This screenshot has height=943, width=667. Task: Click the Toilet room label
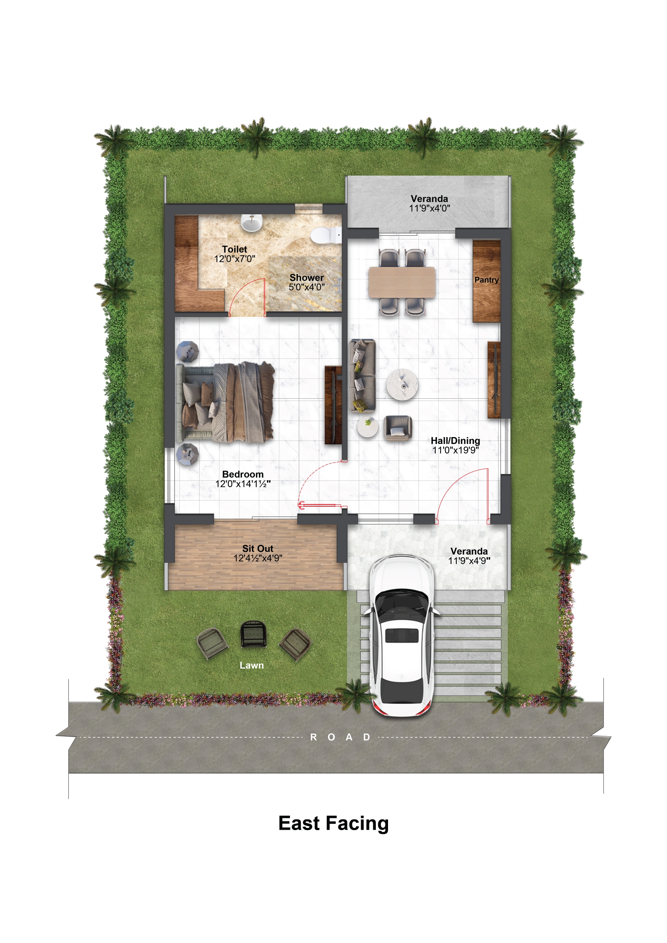pos(234,249)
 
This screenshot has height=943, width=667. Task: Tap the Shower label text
pos(306,277)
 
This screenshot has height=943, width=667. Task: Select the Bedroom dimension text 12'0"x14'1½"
pos(243,484)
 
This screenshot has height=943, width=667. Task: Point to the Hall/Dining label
pos(455,441)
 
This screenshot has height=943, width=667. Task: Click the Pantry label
pos(486,280)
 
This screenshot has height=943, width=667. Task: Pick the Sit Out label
pos(258,548)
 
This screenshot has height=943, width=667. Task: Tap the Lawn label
pos(252,665)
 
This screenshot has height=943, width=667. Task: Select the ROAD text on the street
pos(341,737)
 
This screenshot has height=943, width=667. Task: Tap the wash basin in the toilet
pos(251,223)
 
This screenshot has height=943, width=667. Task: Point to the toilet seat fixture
pos(326,235)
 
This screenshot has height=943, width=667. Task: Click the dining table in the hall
pos(402,282)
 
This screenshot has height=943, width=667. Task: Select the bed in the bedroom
pos(225,402)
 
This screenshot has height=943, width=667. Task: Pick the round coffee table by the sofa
pos(402,384)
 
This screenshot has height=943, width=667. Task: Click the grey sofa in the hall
pos(362,376)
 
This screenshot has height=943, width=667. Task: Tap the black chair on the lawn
pos(253,634)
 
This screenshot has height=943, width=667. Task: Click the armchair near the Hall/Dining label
pos(397,428)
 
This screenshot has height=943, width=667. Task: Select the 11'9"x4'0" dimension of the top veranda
pos(429,208)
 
